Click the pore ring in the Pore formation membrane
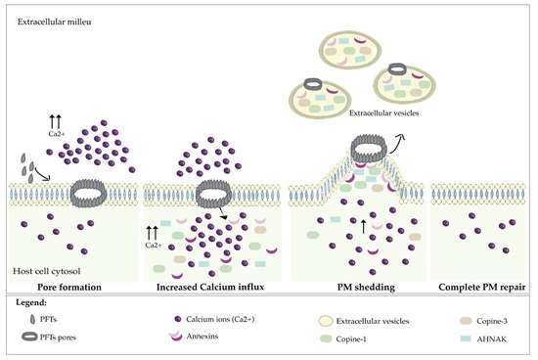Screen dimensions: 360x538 point(93,188)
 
